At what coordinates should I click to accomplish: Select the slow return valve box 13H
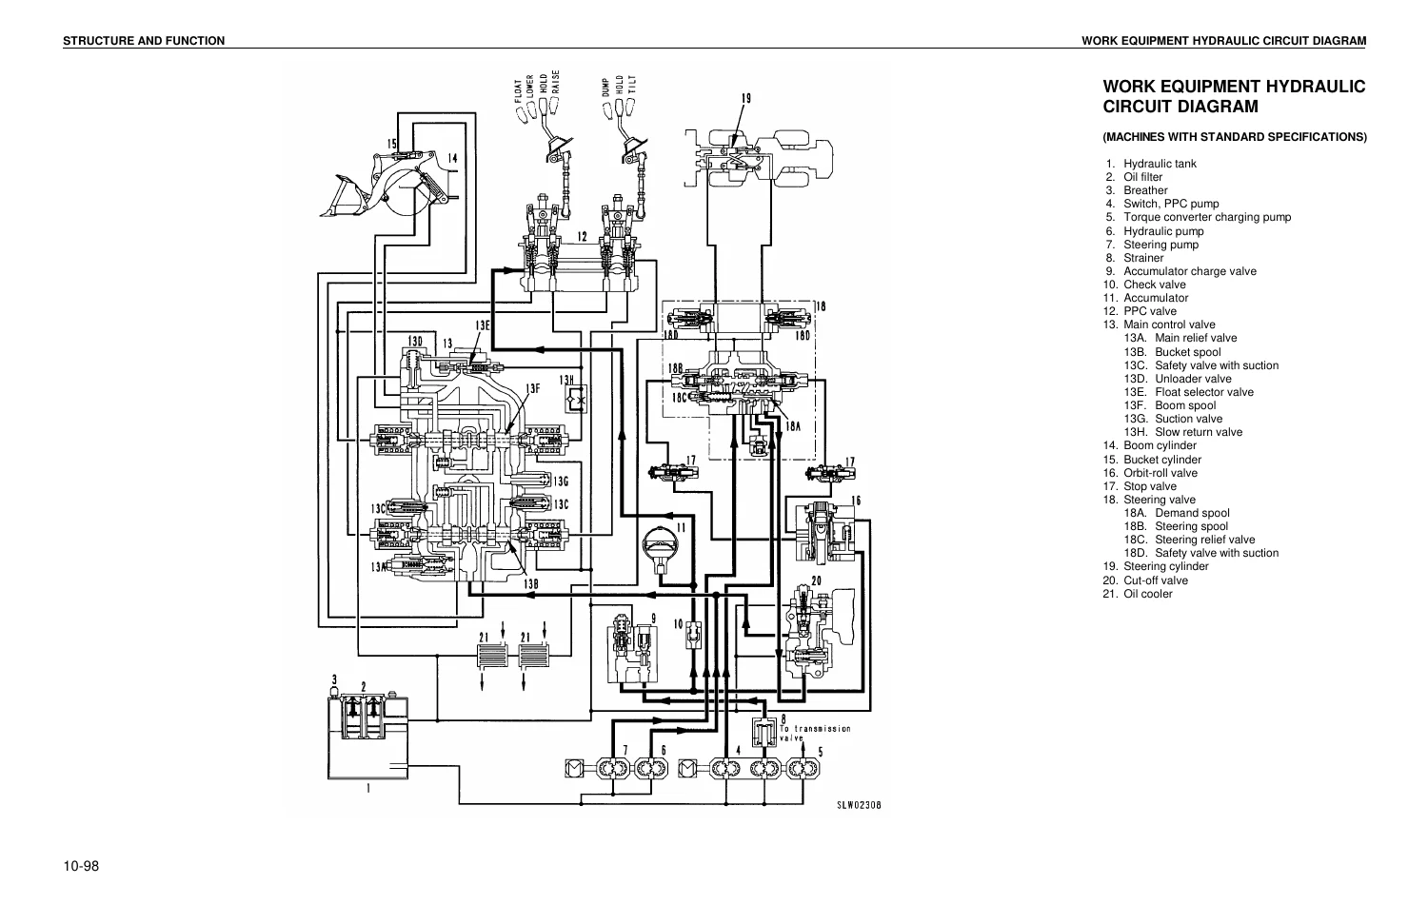[576, 399]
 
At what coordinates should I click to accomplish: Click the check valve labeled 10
[694, 634]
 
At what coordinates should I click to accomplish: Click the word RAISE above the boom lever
[555, 82]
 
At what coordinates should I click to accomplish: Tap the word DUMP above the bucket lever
[605, 88]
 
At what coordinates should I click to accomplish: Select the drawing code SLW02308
[859, 805]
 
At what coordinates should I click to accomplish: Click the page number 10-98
[81, 867]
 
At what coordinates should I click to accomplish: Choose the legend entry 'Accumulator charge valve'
[1190, 271]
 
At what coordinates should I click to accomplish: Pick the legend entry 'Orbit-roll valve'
[1160, 473]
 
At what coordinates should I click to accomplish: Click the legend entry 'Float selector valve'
[1204, 393]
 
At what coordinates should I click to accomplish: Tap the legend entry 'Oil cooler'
[1147, 594]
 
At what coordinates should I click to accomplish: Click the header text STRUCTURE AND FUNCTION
[144, 41]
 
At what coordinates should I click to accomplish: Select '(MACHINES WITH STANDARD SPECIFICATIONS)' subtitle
[1235, 137]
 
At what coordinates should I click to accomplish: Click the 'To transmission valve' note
[815, 733]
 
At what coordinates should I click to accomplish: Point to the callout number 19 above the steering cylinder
[745, 98]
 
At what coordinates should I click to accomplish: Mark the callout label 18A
[792, 426]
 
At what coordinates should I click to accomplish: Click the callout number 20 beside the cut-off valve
[817, 580]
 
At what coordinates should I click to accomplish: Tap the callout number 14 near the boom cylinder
[452, 158]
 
